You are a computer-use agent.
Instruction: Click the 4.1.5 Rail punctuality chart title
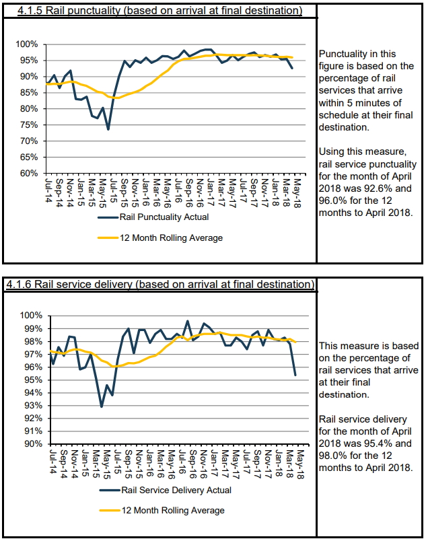[x=159, y=10]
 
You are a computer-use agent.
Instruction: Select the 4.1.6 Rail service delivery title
[x=160, y=284]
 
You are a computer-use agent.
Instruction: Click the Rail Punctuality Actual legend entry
[x=153, y=217]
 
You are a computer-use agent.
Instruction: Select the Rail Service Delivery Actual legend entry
[x=166, y=490]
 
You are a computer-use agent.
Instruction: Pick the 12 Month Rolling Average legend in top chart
[x=160, y=238]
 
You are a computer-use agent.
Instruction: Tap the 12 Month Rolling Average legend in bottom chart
[x=162, y=510]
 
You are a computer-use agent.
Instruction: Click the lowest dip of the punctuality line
[x=108, y=129]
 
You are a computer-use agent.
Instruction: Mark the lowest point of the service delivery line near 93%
[x=102, y=406]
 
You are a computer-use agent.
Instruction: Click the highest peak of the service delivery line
[x=188, y=321]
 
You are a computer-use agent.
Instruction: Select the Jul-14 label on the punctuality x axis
[x=49, y=190]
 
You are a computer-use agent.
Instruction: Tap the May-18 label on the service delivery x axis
[x=299, y=464]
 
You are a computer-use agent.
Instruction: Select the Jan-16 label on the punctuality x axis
[x=146, y=192]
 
